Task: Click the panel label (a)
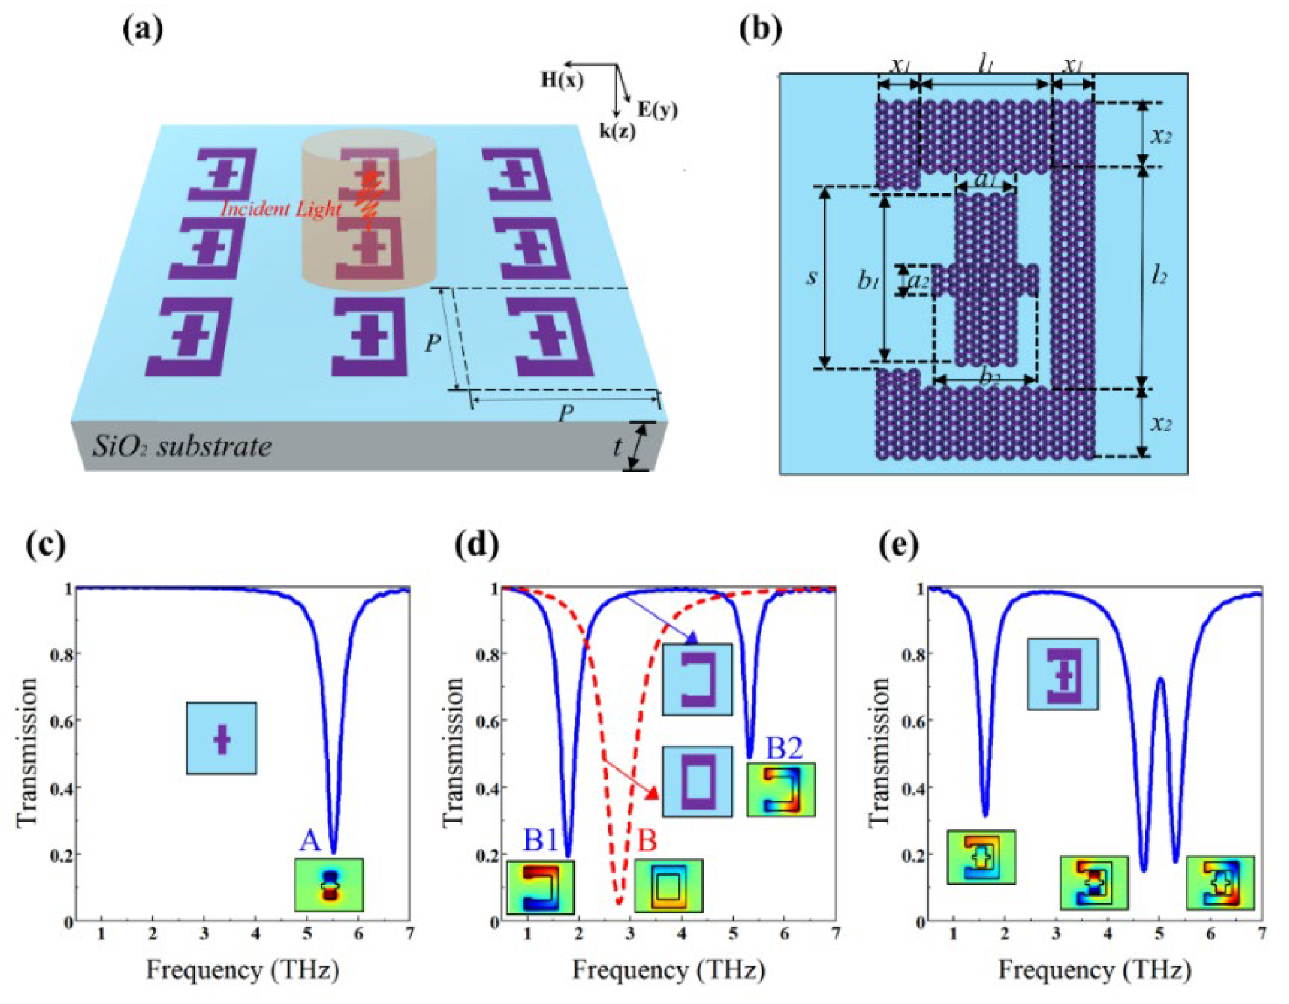pyautogui.click(x=142, y=31)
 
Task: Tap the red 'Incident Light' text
pyautogui.click(x=281, y=209)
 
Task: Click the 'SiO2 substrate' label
pyautogui.click(x=182, y=446)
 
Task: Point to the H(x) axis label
pyautogui.click(x=562, y=82)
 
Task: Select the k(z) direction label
pyautogui.click(x=617, y=131)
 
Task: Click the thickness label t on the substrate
pyautogui.click(x=617, y=447)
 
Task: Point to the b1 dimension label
pyautogui.click(x=869, y=282)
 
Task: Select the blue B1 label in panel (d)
pyautogui.click(x=540, y=841)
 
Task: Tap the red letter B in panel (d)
pyautogui.click(x=648, y=841)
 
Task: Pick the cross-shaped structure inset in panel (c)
pyautogui.click(x=221, y=738)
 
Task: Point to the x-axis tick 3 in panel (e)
pyautogui.click(x=1056, y=934)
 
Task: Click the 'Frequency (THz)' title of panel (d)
pyautogui.click(x=668, y=970)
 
